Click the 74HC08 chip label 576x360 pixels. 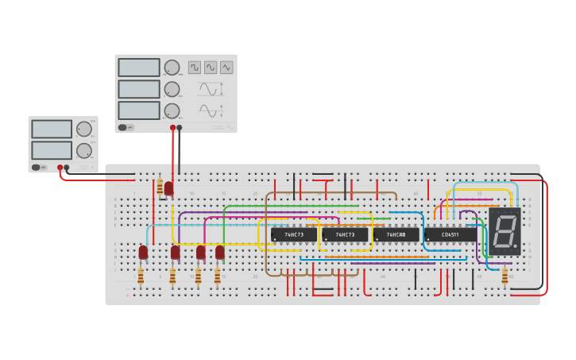pos(396,234)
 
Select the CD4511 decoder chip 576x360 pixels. pos(449,234)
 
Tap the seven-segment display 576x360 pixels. pos(504,231)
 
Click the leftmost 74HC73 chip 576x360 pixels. pos(293,234)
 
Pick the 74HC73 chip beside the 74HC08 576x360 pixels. pos(345,234)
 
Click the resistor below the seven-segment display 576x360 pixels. pos(504,275)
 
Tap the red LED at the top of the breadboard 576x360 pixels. pos(168,188)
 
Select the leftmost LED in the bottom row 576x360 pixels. pos(143,252)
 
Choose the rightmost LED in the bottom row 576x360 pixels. pos(219,252)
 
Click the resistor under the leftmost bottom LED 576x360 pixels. pos(141,276)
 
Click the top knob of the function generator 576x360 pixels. pos(172,68)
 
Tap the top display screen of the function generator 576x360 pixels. pos(139,68)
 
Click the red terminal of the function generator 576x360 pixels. pos(172,127)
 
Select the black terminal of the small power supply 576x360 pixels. pos(67,168)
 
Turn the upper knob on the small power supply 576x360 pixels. pos(83,129)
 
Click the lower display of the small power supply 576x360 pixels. pos(51,149)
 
